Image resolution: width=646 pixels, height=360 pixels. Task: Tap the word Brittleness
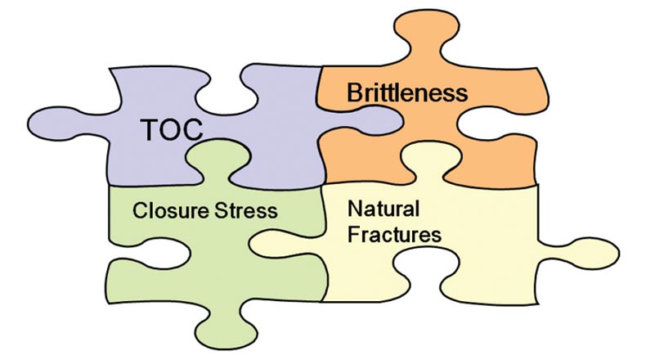pyautogui.click(x=407, y=92)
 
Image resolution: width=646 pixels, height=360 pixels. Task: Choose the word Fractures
pyautogui.click(x=395, y=235)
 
